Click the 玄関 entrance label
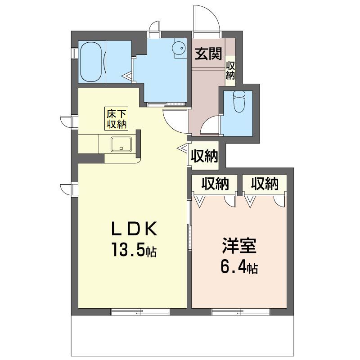pyautogui.click(x=208, y=54)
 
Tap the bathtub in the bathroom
pyautogui.click(x=91, y=62)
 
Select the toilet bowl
pyautogui.click(x=239, y=102)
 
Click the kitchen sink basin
pyautogui.click(x=121, y=144)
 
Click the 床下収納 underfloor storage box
pyautogui.click(x=116, y=119)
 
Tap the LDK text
pyautogui.click(x=134, y=229)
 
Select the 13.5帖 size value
pyautogui.click(x=134, y=250)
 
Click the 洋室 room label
pyautogui.click(x=239, y=245)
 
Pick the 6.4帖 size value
pyautogui.click(x=239, y=267)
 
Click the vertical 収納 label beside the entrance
pyautogui.click(x=230, y=71)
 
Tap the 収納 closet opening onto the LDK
pyautogui.click(x=205, y=156)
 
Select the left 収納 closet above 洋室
pyautogui.click(x=215, y=184)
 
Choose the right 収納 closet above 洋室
pyautogui.click(x=265, y=184)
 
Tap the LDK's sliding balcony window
pyautogui.click(x=140, y=312)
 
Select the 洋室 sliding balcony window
pyautogui.click(x=241, y=312)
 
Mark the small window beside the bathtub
pyautogui.click(x=75, y=53)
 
